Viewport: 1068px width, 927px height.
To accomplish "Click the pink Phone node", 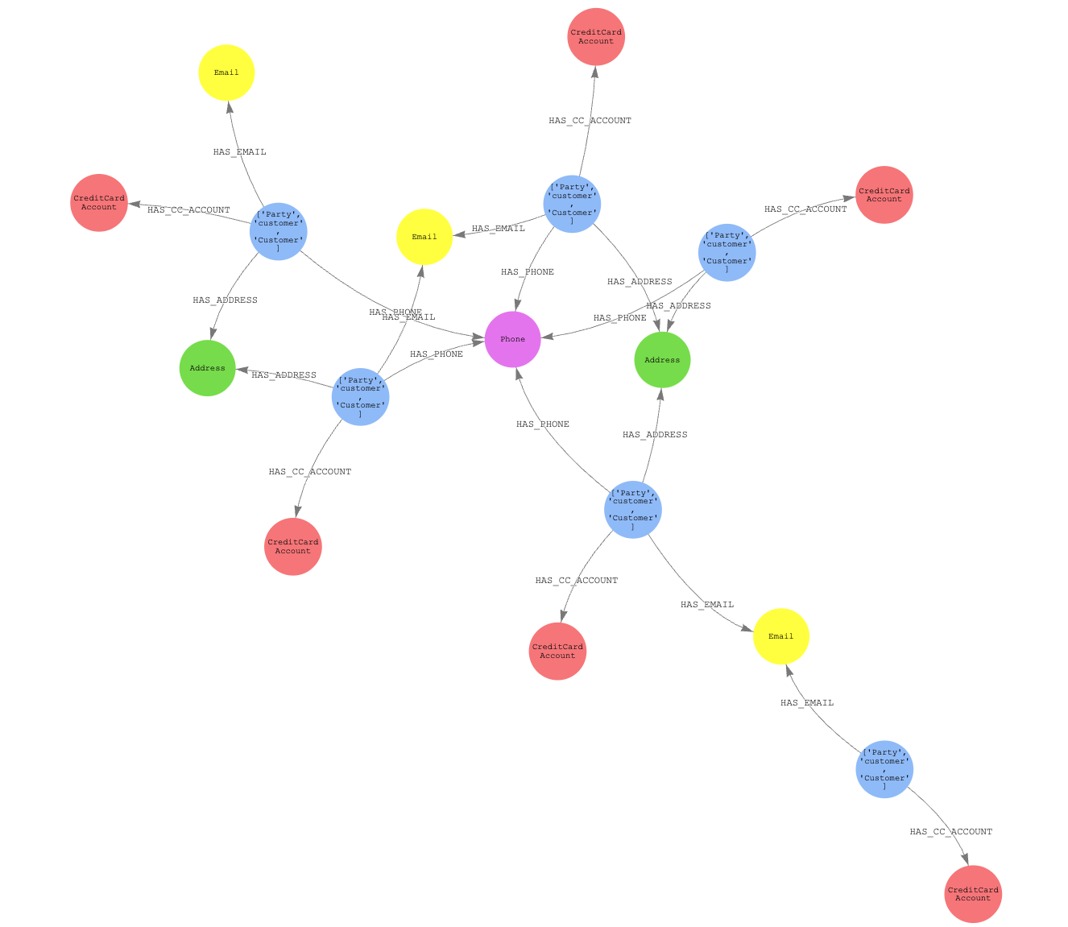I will point(513,339).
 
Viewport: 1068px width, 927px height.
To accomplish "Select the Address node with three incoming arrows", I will point(663,360).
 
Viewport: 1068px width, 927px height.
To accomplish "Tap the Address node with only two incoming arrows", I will point(208,368).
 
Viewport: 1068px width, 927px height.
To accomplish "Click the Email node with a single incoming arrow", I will point(226,72).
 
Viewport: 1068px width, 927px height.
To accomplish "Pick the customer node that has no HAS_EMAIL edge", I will point(727,253).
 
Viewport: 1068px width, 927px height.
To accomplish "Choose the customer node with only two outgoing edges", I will point(884,769).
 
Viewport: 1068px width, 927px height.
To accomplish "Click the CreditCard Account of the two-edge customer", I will point(973,894).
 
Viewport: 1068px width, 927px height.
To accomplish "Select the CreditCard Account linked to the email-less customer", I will point(884,195).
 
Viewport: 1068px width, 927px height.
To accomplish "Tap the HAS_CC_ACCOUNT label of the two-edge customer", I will point(951,832).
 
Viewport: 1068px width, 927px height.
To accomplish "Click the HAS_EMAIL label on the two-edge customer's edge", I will point(807,703).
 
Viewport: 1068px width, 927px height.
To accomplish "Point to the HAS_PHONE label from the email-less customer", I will point(620,318).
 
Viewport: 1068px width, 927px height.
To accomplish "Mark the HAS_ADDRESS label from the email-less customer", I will point(678,306).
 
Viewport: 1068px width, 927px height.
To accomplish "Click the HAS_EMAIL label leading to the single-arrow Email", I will point(239,152).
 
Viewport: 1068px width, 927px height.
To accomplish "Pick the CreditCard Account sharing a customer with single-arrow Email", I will point(99,203).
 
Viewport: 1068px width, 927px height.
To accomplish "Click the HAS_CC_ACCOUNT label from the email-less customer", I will point(805,209).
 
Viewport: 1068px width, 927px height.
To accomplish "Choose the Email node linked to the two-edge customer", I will point(781,636).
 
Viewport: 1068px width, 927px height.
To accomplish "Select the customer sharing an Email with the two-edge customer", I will point(633,510).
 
